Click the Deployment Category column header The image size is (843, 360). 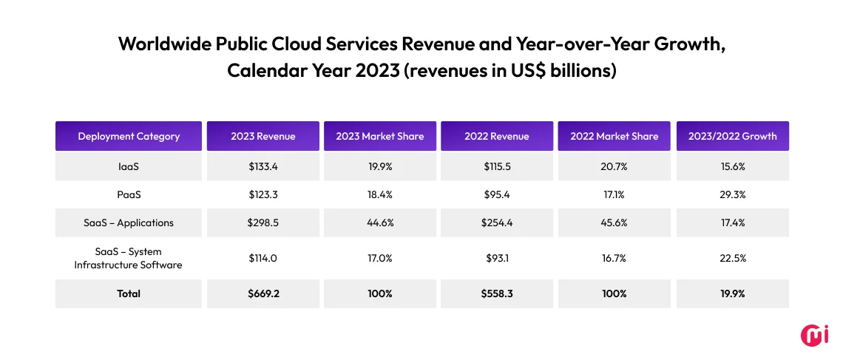pyautogui.click(x=129, y=136)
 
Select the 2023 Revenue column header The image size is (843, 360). pyautogui.click(x=263, y=136)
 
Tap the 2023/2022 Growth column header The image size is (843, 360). pyautogui.click(x=733, y=136)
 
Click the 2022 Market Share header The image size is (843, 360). pyautogui.click(x=614, y=136)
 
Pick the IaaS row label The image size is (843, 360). pyautogui.click(x=129, y=167)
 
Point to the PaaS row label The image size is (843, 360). pyautogui.click(x=129, y=194)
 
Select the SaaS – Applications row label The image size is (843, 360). pyautogui.click(x=129, y=223)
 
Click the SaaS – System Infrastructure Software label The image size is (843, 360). pyautogui.click(x=129, y=258)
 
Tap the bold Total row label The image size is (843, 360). pyautogui.click(x=129, y=293)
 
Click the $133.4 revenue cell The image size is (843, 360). pyautogui.click(x=263, y=167)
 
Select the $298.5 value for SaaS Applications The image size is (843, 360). pyautogui.click(x=263, y=223)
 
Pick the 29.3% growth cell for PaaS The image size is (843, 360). pyautogui.click(x=733, y=194)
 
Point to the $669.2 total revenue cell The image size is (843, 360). pyautogui.click(x=263, y=293)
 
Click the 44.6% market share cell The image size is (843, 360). pyautogui.click(x=380, y=223)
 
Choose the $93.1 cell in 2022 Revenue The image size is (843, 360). pyautogui.click(x=497, y=258)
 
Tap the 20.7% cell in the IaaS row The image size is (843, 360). pyautogui.click(x=614, y=167)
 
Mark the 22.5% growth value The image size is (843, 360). pyautogui.click(x=733, y=258)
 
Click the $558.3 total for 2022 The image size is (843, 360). pyautogui.click(x=497, y=293)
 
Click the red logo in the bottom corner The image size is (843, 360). pyautogui.click(x=815, y=334)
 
